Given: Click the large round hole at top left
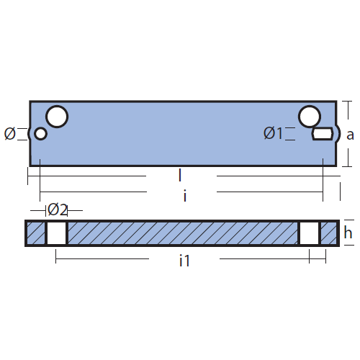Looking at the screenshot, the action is pos(57,117).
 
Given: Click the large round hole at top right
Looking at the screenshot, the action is pos(310,117).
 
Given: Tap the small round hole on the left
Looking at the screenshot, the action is pos(40,133).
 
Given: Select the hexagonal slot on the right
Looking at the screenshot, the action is pos(323,134).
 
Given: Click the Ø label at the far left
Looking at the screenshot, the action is pos(10,134).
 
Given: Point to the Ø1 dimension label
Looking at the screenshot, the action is pos(273,133).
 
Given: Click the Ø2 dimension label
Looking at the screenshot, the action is pos(58,210).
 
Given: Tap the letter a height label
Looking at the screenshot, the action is pos(350,135).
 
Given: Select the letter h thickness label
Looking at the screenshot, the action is pos(348,233).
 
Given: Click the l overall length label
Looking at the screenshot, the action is pos(180,175).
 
